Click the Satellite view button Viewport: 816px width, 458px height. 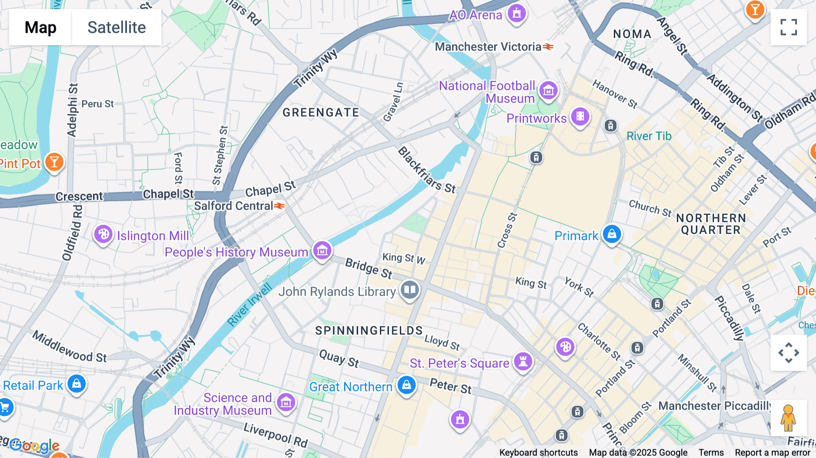[117, 27]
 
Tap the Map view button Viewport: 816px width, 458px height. [40, 27]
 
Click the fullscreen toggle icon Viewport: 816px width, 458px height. [788, 27]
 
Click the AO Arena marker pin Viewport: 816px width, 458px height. [516, 13]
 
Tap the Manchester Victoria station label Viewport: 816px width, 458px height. [488, 47]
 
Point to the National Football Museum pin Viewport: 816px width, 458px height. [549, 90]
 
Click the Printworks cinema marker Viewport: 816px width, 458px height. [580, 117]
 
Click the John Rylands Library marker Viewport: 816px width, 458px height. [410, 289]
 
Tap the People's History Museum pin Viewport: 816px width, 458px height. [322, 250]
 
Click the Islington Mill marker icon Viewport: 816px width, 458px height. [103, 234]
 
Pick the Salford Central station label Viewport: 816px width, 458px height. [234, 206]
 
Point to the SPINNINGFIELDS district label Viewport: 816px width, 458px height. [369, 331]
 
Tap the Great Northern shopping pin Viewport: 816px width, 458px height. [407, 385]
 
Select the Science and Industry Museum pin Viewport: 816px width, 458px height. [286, 402]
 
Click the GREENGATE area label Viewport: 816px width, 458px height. [321, 112]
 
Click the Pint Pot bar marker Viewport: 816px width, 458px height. [54, 162]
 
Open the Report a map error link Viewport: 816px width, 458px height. [772, 453]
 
